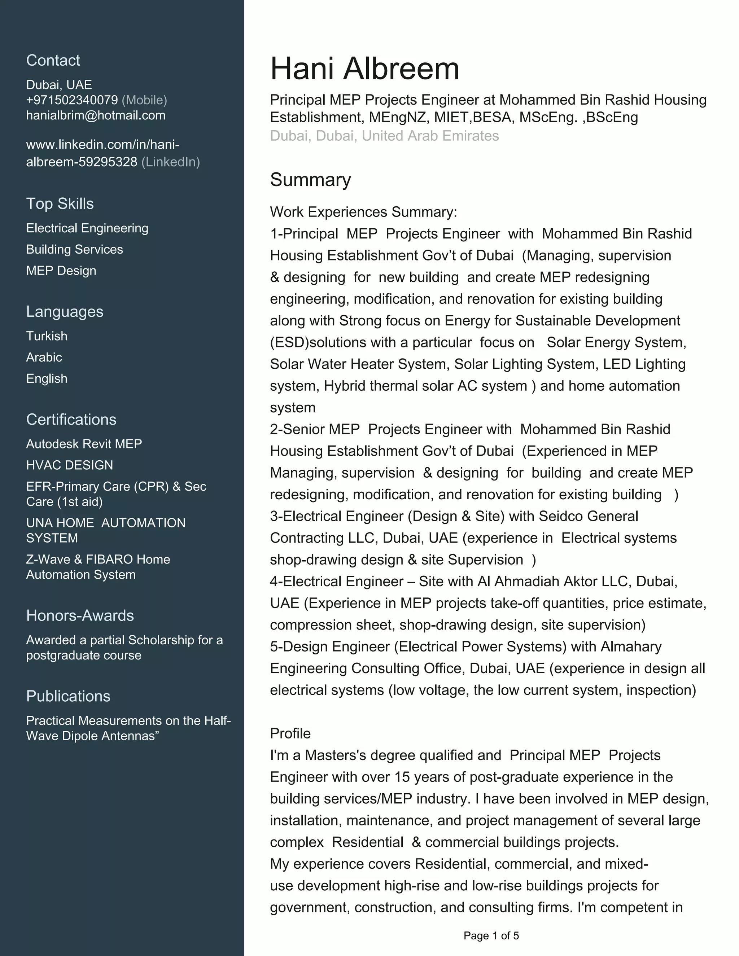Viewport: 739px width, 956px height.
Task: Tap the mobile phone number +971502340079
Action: [x=72, y=100]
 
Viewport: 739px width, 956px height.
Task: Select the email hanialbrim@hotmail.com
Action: [x=95, y=115]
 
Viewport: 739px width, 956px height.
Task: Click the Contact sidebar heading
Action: [x=53, y=60]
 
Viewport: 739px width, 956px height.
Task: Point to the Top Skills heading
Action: [x=60, y=203]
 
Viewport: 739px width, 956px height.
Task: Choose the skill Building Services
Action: [x=74, y=250]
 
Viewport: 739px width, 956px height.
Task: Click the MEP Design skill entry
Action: [x=61, y=271]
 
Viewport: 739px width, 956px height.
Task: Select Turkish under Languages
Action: [x=47, y=336]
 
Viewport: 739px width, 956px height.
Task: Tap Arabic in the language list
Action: [x=44, y=357]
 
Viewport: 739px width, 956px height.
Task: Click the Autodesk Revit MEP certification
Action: [x=84, y=444]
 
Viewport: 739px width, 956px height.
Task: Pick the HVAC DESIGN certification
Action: [x=69, y=465]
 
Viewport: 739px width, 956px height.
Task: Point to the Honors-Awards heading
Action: [x=80, y=615]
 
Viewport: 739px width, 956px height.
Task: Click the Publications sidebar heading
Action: [x=68, y=696]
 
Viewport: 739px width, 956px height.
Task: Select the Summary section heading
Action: [x=310, y=180]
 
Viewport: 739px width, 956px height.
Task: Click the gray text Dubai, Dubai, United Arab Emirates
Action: [x=384, y=136]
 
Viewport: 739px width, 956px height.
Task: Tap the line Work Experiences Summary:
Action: [x=363, y=212]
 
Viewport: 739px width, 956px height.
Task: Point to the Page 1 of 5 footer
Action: [x=491, y=936]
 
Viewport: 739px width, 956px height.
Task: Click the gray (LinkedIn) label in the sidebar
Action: [x=170, y=162]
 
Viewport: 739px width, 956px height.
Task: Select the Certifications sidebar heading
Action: [x=71, y=419]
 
